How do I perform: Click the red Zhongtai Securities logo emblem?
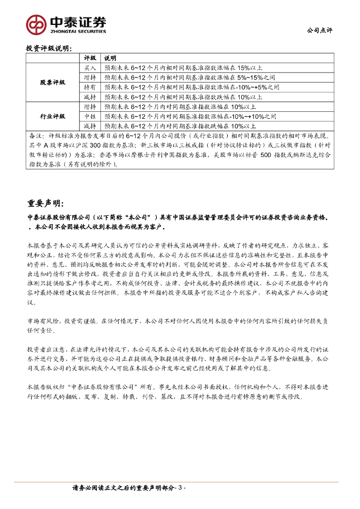click(36, 23)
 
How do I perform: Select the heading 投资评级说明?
click(49, 49)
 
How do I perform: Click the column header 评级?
click(90, 59)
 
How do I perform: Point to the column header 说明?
click(110, 59)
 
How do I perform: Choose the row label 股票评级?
click(53, 82)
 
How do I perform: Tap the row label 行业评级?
click(53, 116)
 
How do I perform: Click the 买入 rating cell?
click(90, 68)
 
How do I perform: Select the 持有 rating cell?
click(90, 87)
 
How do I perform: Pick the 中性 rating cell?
click(90, 116)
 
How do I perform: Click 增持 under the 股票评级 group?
click(90, 78)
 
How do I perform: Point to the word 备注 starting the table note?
click(36, 136)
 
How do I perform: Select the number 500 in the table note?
click(266, 155)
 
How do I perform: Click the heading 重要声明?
click(45, 203)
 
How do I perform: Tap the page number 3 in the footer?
click(181, 489)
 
